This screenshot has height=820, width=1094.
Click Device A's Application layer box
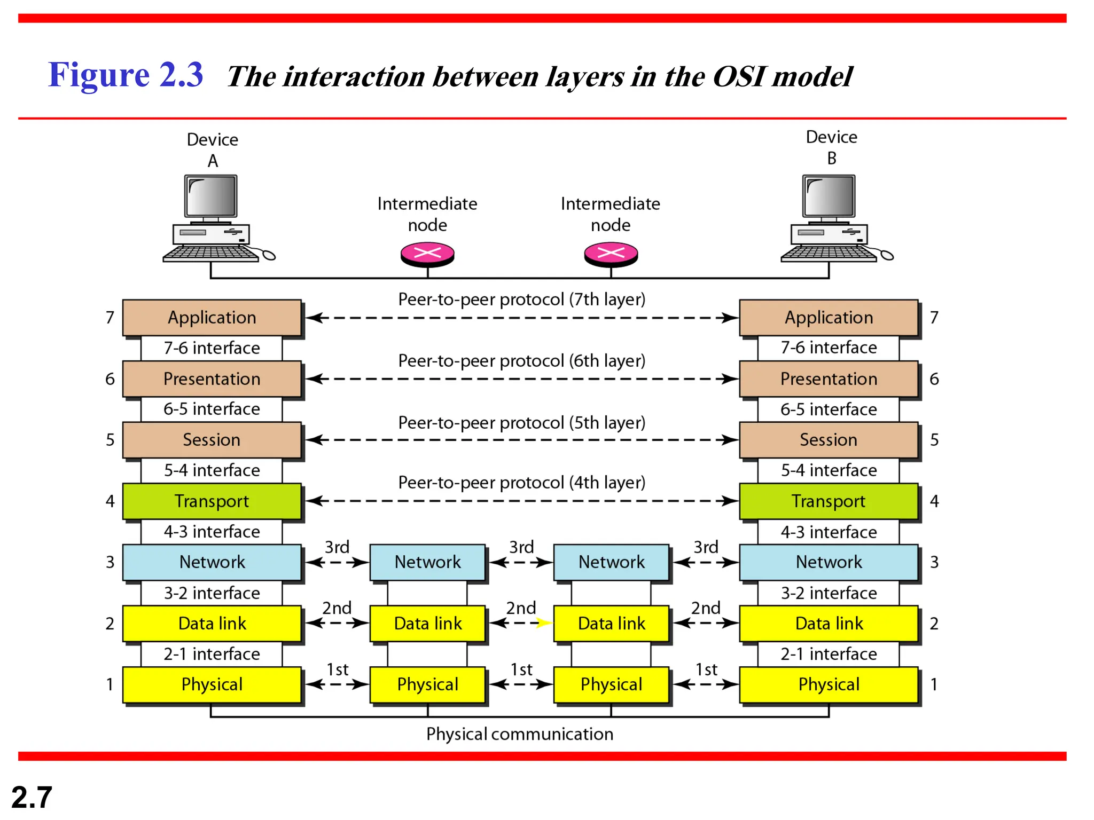212,318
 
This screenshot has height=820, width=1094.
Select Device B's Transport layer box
828,501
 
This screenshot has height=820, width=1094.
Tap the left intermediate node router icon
427,254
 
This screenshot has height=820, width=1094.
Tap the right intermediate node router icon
611,254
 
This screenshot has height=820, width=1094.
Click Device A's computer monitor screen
211,196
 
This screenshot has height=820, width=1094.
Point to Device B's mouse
887,256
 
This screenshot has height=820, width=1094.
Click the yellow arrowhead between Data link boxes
544,623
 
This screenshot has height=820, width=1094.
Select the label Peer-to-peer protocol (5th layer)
521,423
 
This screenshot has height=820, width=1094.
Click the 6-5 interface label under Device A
212,409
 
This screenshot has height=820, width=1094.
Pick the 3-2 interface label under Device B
828,593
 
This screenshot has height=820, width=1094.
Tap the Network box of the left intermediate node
427,562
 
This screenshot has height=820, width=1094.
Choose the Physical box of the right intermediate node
611,684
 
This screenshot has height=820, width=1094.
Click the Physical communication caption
519,734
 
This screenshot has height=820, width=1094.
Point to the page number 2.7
32,798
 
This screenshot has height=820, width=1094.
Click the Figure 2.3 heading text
126,75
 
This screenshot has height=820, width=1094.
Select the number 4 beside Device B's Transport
934,501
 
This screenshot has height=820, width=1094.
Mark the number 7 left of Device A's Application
110,318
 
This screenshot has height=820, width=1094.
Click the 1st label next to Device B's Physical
706,669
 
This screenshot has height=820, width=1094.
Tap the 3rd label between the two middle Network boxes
521,547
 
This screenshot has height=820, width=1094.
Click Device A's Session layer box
212,440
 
